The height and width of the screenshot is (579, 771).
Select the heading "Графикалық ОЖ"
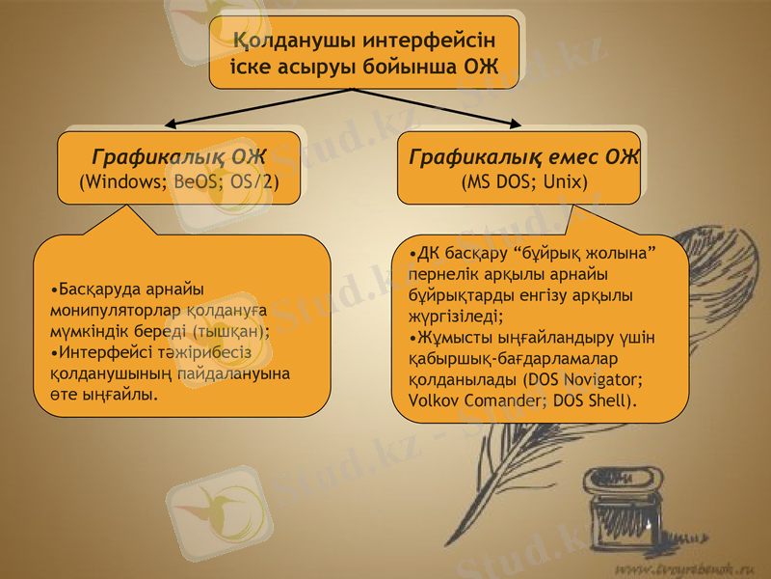(178, 156)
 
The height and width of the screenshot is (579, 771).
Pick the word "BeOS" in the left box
(197, 181)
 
